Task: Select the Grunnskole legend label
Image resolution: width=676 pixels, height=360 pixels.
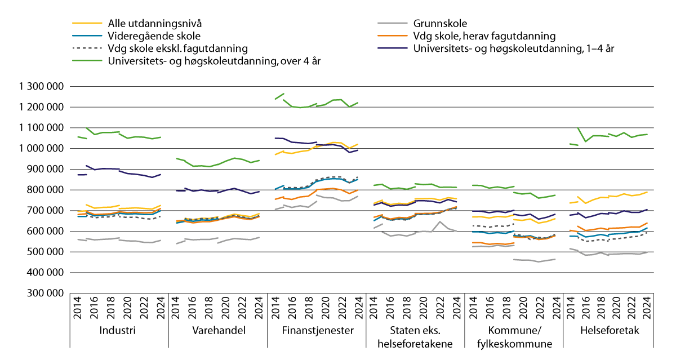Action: (x=439, y=24)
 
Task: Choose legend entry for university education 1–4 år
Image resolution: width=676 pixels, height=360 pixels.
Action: (x=513, y=48)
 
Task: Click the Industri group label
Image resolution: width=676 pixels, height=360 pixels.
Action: (x=117, y=330)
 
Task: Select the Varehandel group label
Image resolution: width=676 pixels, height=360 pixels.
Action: (x=217, y=330)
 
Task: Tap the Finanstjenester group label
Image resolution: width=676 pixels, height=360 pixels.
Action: (x=317, y=330)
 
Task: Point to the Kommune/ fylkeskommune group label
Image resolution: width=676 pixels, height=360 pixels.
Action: (x=514, y=336)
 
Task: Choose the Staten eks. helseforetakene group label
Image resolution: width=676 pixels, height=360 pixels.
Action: (x=415, y=336)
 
